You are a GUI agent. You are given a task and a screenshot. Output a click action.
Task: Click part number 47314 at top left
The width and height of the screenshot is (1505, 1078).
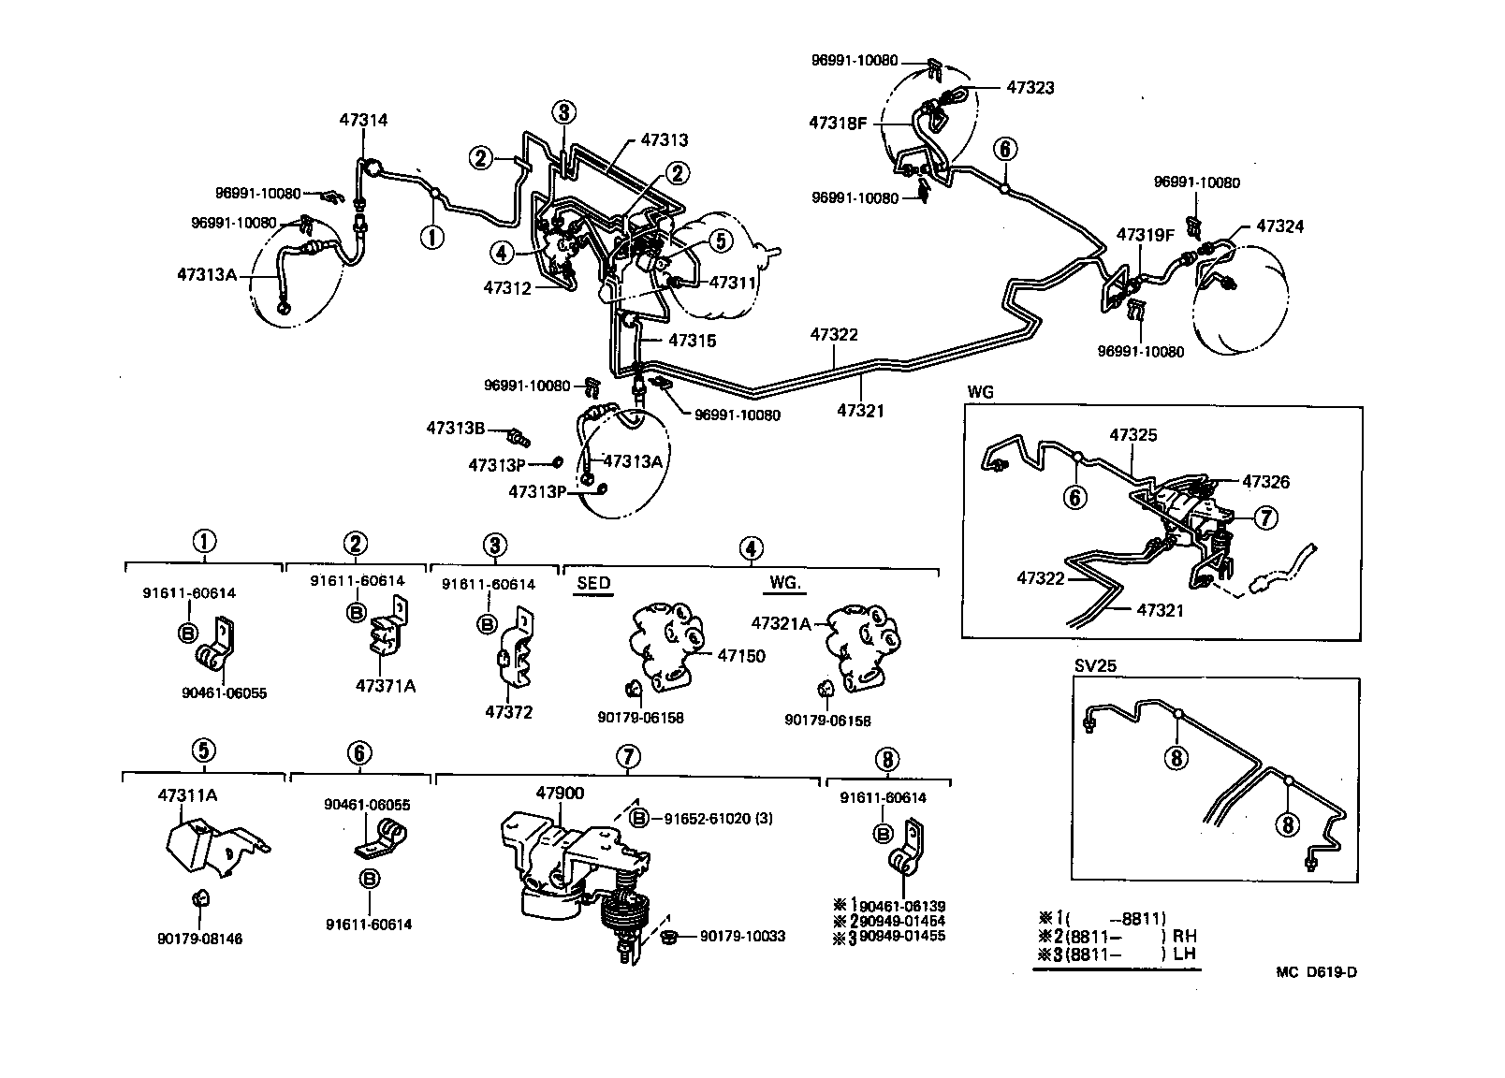point(363,120)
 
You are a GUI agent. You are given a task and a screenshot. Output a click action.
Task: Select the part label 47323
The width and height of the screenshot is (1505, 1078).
point(1030,88)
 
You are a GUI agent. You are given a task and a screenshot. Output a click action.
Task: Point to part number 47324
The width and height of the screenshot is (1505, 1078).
point(1279,226)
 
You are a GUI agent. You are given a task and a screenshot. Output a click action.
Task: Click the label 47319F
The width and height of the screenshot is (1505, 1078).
point(1144,235)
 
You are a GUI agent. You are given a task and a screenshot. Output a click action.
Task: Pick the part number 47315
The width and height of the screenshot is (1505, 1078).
point(692,341)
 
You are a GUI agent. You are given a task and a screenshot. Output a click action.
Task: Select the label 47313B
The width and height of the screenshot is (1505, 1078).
point(455,428)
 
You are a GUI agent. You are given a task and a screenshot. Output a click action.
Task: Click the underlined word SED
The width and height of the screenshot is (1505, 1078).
point(592,583)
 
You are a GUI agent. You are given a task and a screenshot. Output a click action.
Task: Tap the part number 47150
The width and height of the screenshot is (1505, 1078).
point(741,655)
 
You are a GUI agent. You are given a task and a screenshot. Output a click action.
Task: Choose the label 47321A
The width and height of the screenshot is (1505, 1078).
point(782,621)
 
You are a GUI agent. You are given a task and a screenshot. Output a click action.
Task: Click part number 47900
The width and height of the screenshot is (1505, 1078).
point(560,794)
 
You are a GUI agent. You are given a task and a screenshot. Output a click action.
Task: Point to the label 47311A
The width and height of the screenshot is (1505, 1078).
point(188,795)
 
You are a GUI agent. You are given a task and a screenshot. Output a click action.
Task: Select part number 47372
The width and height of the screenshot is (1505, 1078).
point(508,712)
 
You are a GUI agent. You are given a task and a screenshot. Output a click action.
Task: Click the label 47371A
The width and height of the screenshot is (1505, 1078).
point(385,685)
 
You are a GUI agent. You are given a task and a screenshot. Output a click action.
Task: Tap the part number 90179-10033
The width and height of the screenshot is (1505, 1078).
point(742,936)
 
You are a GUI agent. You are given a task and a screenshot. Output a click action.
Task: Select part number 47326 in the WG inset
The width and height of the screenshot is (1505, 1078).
point(1265,482)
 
